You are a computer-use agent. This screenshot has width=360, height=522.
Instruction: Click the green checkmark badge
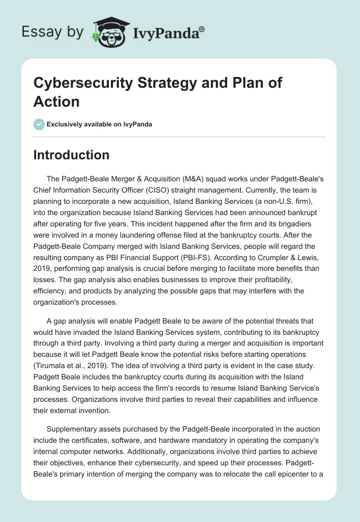(39, 124)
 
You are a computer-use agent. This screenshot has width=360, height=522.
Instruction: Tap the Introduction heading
(71, 155)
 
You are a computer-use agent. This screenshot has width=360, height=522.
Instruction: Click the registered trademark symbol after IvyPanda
(202, 28)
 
